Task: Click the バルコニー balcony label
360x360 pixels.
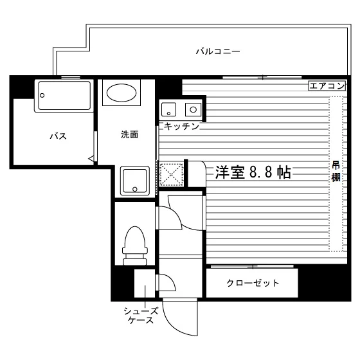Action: click(218, 51)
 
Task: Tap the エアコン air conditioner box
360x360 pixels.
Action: click(327, 86)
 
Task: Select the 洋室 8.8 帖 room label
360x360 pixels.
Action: click(253, 172)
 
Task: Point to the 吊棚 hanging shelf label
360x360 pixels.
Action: click(336, 172)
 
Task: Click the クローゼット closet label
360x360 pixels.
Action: click(253, 283)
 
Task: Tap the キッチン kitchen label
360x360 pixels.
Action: click(181, 126)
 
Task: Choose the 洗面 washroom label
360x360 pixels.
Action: click(129, 134)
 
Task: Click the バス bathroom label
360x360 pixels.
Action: click(59, 136)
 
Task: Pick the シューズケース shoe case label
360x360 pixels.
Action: click(141, 316)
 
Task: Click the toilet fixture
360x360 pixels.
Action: click(135, 246)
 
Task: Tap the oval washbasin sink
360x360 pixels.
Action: click(122, 93)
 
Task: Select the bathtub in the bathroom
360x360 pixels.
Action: click(64, 96)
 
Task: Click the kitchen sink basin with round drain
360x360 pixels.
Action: click(168, 109)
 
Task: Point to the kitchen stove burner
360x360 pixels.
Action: click(194, 109)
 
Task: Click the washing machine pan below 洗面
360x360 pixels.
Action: click(135, 181)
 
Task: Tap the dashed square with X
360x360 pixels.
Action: click(171, 174)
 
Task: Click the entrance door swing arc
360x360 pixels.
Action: click(174, 327)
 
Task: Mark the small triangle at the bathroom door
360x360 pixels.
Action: click(91, 158)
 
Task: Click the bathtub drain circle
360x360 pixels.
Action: click(42, 95)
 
